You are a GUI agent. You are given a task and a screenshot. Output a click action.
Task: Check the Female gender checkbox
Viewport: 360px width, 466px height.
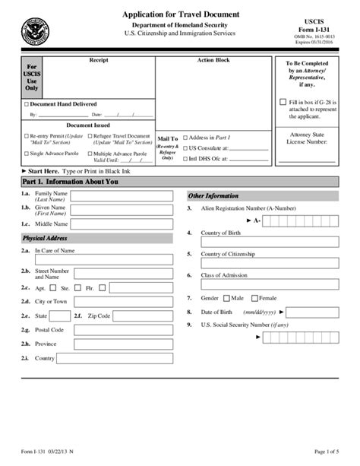click(254, 298)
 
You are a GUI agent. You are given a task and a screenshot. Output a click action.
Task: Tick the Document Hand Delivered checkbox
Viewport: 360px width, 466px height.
click(27, 104)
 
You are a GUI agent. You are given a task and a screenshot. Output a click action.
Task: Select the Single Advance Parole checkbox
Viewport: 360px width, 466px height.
click(27, 153)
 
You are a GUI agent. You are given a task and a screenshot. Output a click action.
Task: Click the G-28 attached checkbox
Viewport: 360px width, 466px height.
click(283, 101)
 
